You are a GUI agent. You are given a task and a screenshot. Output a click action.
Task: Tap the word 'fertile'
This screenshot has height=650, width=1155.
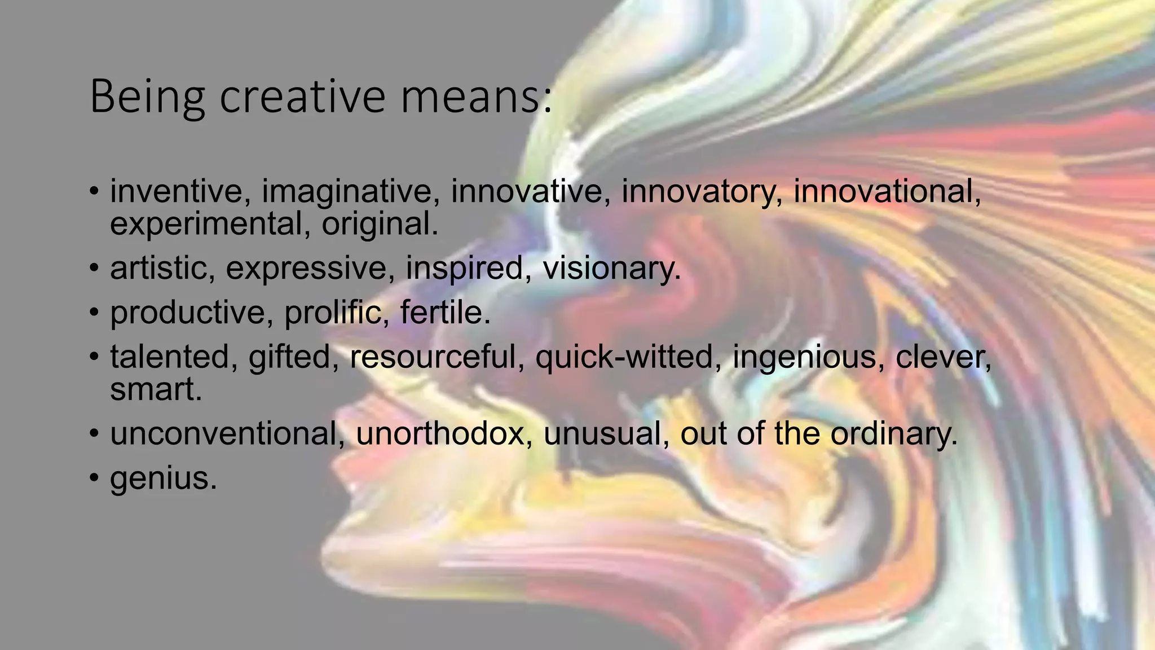tap(445, 312)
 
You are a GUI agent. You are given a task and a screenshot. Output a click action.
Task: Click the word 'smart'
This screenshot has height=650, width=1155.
tap(156, 390)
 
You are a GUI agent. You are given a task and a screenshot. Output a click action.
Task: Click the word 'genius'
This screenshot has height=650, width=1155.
tap(163, 478)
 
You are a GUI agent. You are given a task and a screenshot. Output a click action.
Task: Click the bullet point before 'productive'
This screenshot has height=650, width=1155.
tap(94, 312)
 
